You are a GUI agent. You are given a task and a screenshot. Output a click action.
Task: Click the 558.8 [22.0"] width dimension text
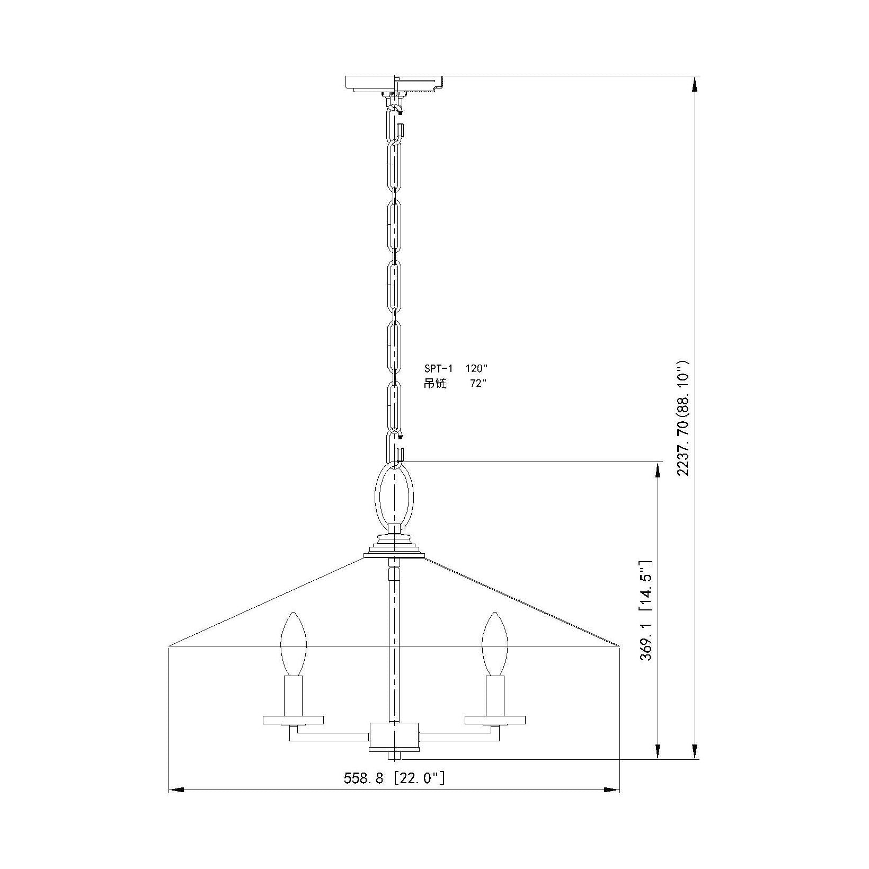click(x=394, y=778)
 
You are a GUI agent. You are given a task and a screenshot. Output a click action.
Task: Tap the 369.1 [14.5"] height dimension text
click(x=647, y=610)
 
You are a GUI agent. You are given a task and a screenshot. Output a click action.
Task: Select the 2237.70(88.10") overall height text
click(x=684, y=419)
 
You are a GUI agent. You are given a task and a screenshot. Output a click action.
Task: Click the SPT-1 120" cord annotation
click(x=455, y=368)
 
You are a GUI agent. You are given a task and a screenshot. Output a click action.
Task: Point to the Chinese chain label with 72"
click(x=455, y=384)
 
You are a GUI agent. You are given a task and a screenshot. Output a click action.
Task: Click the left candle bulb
click(x=293, y=644)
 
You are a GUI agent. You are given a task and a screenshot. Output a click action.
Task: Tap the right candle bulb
click(x=495, y=644)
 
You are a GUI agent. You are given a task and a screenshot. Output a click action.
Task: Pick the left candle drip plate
click(x=293, y=720)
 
